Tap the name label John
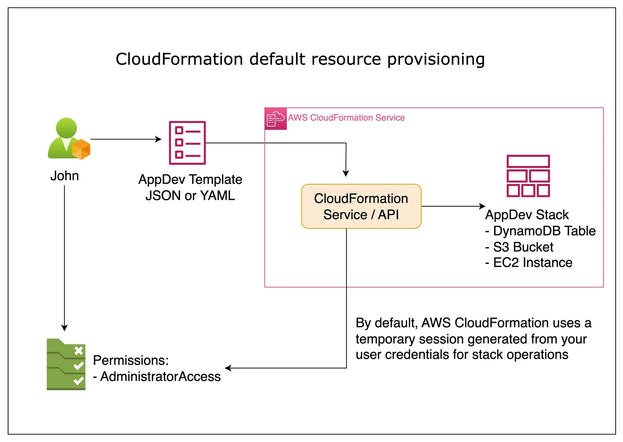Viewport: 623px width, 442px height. point(65,176)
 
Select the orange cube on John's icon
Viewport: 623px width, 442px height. point(81,149)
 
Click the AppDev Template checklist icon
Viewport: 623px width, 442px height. point(187,143)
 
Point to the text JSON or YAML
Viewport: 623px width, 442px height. point(190,196)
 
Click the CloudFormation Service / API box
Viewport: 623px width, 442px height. point(361,206)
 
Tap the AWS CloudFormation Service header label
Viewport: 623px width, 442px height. point(346,118)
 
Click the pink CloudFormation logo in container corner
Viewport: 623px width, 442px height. point(275,119)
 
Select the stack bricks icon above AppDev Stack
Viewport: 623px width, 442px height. point(528,176)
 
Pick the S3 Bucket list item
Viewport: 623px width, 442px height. point(523,247)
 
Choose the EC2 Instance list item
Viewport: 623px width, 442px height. point(532,263)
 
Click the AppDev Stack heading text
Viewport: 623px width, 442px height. point(527,215)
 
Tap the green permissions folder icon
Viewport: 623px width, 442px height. point(66,365)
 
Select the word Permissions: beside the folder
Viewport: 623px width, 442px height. point(131,361)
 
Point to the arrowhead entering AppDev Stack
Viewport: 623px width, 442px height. point(482,206)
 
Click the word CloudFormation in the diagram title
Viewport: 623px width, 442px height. point(179,59)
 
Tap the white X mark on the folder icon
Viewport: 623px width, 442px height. point(79,351)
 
